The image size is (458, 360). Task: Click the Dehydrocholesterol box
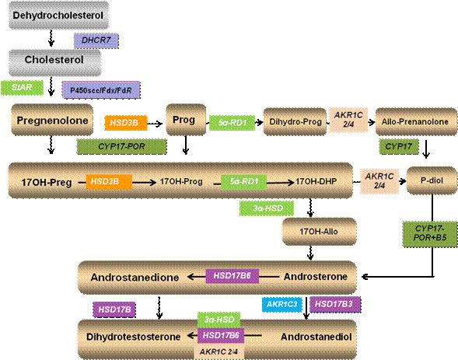click(59, 15)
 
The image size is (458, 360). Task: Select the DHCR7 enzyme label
click(96, 40)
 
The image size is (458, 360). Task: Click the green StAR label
click(22, 88)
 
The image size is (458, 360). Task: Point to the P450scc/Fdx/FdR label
click(101, 90)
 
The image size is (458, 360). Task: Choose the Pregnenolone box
click(52, 120)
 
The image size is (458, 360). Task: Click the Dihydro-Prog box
click(295, 121)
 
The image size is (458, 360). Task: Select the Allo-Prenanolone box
click(416, 121)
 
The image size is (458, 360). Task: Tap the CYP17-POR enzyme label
click(122, 146)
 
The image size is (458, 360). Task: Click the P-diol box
click(432, 180)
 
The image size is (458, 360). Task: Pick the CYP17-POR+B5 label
click(430, 234)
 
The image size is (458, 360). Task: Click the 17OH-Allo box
click(319, 232)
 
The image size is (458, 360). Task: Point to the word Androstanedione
click(135, 277)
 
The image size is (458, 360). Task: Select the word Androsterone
click(316, 277)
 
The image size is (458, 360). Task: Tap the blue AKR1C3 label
click(281, 304)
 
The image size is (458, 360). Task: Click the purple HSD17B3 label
click(335, 304)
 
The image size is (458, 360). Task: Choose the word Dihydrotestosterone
click(134, 337)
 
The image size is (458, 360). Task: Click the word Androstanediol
click(316, 337)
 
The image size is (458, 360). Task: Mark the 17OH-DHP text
click(316, 182)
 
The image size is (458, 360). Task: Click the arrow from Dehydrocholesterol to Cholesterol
click(51, 38)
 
